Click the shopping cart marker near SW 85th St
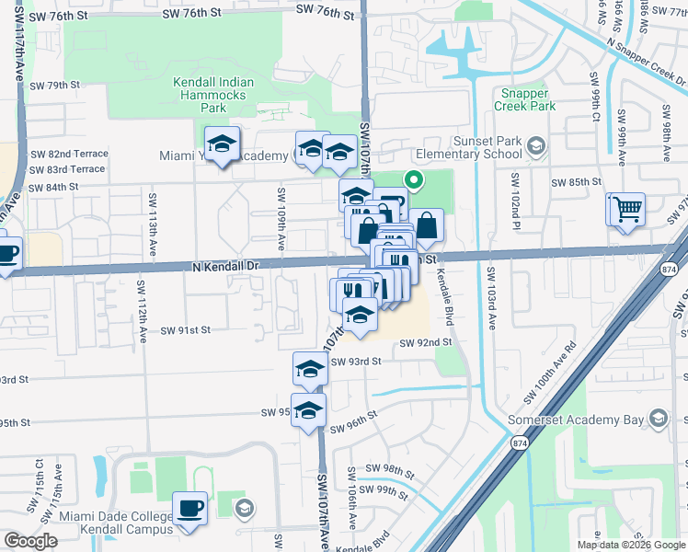tap(626, 209)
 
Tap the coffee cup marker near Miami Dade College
tap(190, 507)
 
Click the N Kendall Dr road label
tap(227, 265)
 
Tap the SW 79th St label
tap(55, 85)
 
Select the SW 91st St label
tap(187, 329)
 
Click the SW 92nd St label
tap(426, 342)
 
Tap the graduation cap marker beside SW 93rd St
tap(310, 369)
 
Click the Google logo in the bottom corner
tap(30, 542)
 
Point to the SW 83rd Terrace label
tap(68, 169)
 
